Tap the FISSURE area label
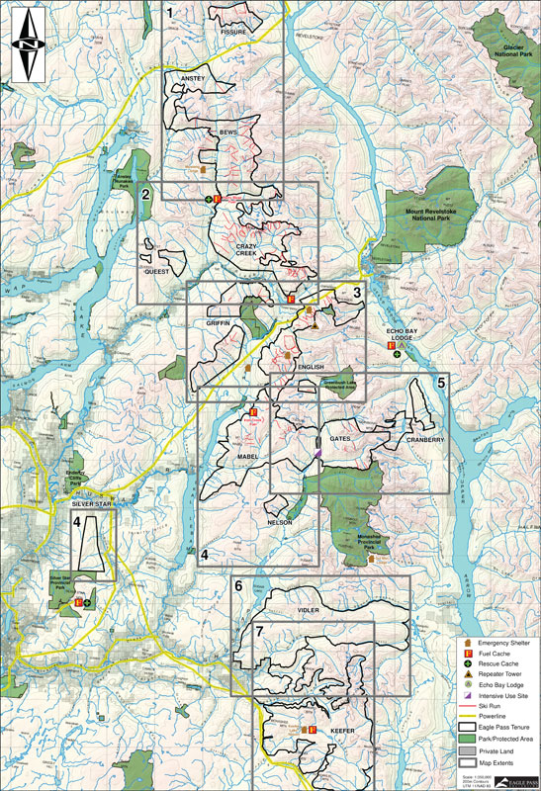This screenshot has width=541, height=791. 232,32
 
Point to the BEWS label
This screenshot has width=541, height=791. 228,131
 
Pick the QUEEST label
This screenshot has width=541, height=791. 159,270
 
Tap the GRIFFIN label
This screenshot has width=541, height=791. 218,322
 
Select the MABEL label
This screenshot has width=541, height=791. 248,457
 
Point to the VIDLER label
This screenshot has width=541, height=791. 310,611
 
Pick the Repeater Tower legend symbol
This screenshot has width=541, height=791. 462,678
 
